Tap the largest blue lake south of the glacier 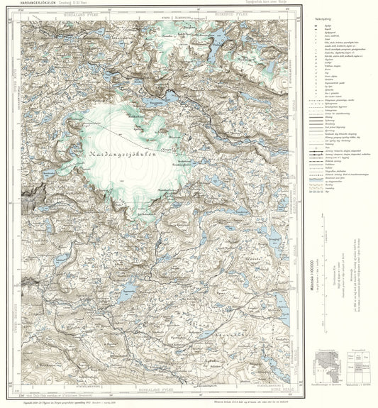pyautogui.click(x=128, y=287)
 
